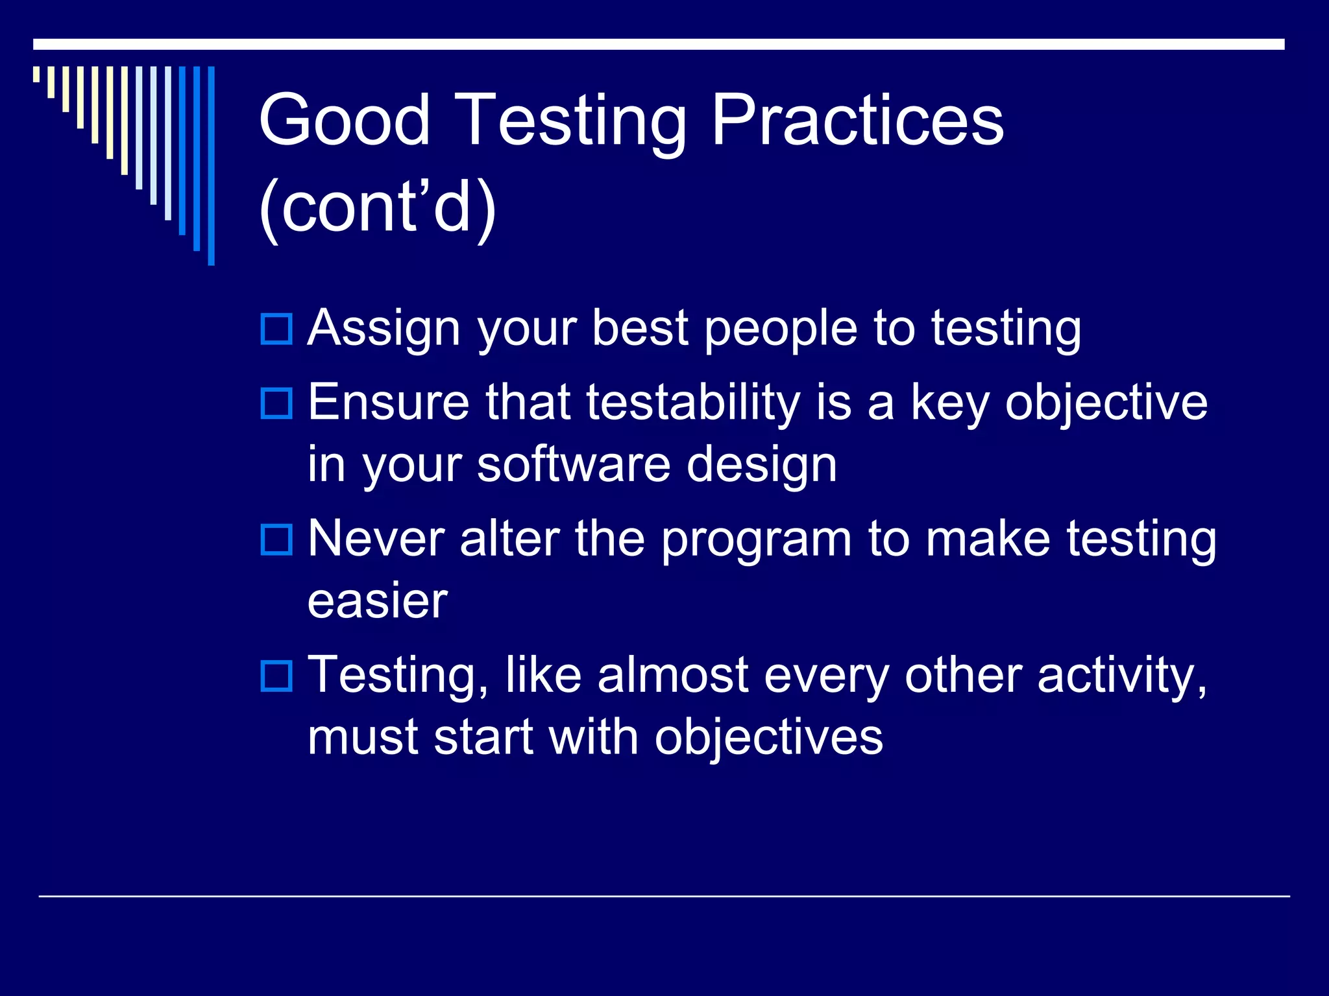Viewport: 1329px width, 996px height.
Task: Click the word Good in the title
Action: coord(345,120)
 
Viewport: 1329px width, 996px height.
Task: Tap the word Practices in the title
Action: coord(857,120)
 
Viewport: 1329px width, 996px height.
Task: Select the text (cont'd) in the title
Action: coord(378,207)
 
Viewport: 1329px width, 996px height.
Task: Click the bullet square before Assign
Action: coord(276,329)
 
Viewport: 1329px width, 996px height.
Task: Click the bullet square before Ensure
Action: coord(276,403)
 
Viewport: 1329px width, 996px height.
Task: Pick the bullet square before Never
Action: coord(276,539)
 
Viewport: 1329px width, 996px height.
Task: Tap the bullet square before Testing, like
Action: coord(276,676)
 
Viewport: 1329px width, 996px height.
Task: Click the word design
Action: coord(762,466)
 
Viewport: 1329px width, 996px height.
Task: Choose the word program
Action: coord(756,539)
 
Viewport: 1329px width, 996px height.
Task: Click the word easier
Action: coord(378,601)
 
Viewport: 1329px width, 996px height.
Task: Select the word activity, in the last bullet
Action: coord(1122,676)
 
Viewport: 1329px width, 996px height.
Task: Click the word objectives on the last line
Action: coord(768,738)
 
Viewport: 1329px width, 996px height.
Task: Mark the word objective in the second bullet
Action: coord(1106,403)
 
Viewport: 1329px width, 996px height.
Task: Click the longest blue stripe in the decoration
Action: coord(211,165)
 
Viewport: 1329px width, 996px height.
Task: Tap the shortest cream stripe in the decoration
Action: coord(36,74)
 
